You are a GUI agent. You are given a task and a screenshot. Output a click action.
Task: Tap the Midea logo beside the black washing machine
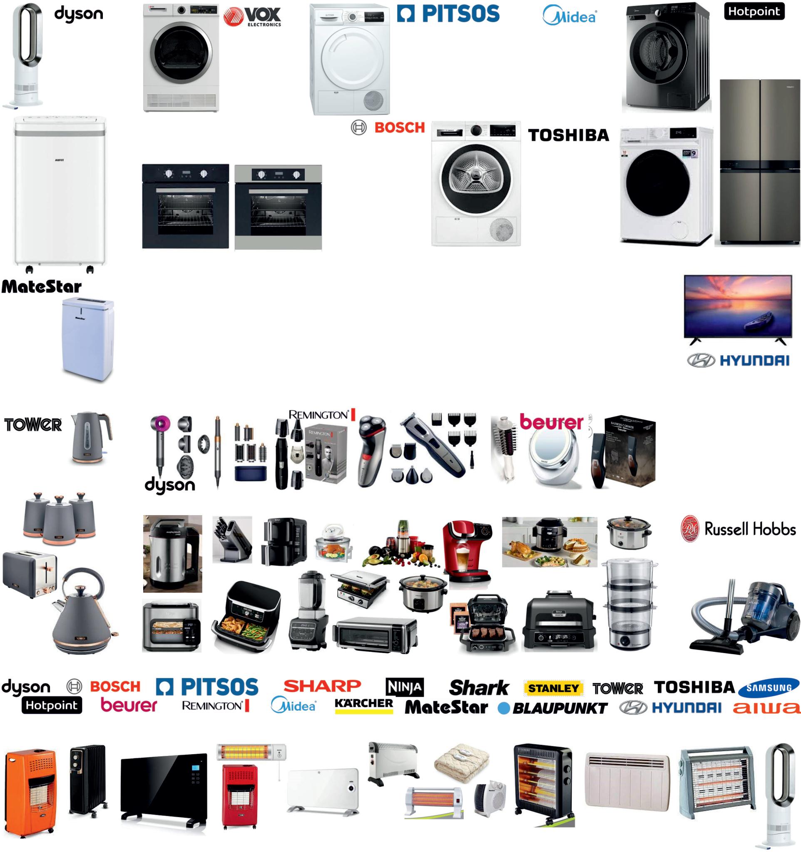[x=570, y=16]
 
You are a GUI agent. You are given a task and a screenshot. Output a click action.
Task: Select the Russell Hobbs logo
[x=738, y=529]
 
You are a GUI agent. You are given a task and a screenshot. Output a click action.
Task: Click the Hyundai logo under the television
[x=738, y=361]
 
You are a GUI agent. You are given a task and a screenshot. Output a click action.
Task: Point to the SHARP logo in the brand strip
[x=322, y=686]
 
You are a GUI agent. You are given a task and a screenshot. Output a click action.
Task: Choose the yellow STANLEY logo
[x=553, y=688]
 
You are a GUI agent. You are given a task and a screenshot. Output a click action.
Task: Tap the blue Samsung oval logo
[x=769, y=688]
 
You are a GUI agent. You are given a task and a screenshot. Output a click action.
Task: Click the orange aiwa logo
[x=766, y=708]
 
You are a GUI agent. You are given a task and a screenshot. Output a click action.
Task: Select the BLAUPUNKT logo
[x=553, y=708]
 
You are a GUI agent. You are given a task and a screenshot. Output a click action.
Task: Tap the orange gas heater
[x=30, y=791]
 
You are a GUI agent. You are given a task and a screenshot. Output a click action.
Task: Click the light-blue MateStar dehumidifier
[x=88, y=338]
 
